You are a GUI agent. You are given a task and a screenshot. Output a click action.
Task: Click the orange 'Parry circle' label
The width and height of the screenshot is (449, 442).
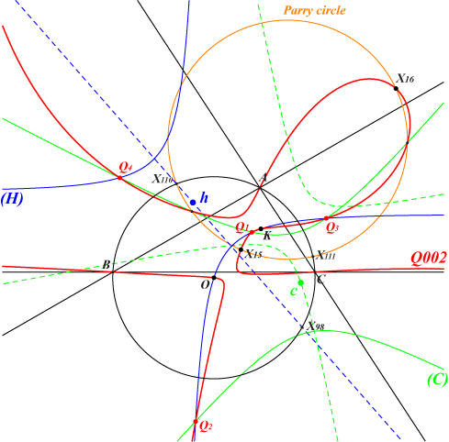(x=314, y=11)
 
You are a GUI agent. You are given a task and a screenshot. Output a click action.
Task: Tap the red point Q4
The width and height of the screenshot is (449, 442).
(x=120, y=178)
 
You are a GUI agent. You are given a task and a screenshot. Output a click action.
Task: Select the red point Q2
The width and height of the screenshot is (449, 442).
(x=196, y=422)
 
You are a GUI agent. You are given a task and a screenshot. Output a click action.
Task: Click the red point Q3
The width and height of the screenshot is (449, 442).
(x=326, y=218)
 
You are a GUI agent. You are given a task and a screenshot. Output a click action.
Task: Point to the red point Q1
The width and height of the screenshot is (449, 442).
(x=252, y=232)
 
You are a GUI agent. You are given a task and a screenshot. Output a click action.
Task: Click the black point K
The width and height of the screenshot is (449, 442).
(x=261, y=228)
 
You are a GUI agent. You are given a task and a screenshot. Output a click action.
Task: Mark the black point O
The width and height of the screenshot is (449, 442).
(x=214, y=278)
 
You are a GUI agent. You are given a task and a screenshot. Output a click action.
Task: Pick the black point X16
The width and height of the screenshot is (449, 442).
(x=396, y=88)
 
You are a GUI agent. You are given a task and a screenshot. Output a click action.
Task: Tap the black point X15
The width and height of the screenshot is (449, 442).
(x=241, y=249)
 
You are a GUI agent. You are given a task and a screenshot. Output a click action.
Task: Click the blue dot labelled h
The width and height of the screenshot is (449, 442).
(x=193, y=203)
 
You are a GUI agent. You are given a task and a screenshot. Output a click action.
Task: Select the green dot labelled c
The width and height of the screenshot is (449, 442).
(x=301, y=282)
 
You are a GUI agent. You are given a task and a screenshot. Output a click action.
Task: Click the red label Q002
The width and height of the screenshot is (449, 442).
(x=429, y=259)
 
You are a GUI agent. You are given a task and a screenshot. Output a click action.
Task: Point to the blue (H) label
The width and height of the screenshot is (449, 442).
(x=12, y=199)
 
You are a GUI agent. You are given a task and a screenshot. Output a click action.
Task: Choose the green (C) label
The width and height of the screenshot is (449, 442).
(x=437, y=380)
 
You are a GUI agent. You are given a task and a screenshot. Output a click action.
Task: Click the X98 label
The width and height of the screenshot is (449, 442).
(x=316, y=326)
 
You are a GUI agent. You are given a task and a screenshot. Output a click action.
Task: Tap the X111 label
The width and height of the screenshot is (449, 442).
(x=326, y=255)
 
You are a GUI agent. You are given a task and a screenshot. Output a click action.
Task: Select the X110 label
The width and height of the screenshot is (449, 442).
(x=163, y=179)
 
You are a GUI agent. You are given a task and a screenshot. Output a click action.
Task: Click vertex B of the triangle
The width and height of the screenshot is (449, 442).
(x=113, y=271)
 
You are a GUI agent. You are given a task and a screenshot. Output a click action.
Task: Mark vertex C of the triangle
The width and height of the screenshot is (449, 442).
(x=315, y=271)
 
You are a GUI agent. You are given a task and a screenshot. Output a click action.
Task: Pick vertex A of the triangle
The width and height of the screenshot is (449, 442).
(x=260, y=187)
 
